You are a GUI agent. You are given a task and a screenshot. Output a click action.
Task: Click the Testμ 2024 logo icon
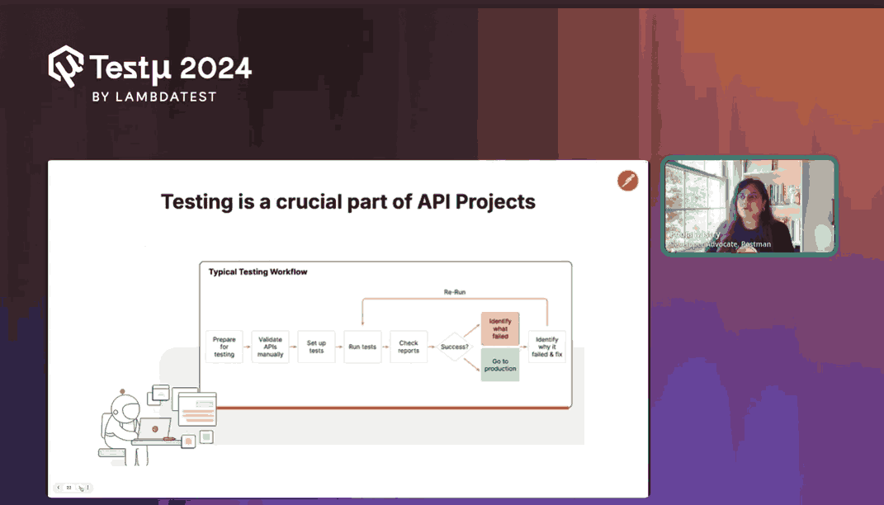(x=67, y=65)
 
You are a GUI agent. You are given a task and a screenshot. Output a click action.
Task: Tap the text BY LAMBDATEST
(x=154, y=97)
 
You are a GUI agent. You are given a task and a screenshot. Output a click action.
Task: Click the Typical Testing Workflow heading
(x=258, y=271)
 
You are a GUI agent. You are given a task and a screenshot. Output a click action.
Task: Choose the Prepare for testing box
(x=224, y=347)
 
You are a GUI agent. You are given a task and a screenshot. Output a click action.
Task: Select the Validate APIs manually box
(x=270, y=347)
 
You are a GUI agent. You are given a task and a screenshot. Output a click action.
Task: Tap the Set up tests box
(x=316, y=347)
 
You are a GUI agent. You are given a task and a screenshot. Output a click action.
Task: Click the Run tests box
(x=362, y=347)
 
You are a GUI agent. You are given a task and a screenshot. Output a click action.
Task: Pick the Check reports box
(x=409, y=347)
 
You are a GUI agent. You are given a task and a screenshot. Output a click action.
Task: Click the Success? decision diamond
(x=455, y=347)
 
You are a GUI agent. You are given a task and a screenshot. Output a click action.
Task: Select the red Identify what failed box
(x=500, y=328)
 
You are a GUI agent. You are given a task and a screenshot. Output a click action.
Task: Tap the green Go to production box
(x=500, y=365)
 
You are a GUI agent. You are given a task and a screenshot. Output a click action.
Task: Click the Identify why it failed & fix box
(x=547, y=347)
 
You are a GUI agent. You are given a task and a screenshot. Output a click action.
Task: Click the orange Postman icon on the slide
(x=628, y=181)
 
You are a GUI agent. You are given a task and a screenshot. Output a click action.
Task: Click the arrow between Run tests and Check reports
(x=385, y=347)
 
